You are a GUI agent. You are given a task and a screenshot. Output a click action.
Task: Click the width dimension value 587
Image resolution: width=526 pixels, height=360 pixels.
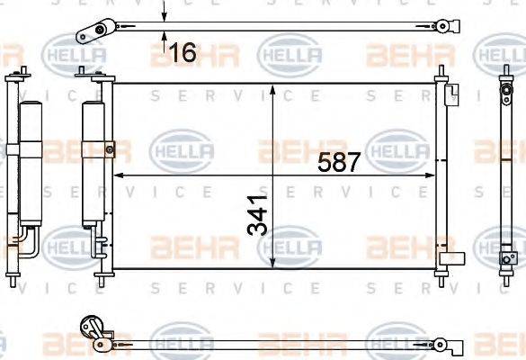click(x=339, y=163)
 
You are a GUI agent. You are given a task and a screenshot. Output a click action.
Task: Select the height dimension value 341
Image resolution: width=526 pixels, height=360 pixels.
click(x=257, y=216)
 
